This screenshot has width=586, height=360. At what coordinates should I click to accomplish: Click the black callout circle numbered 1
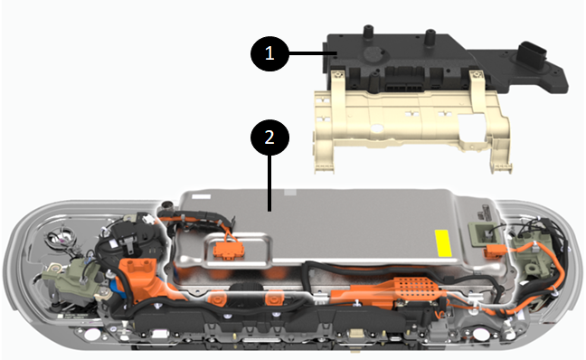point(269,54)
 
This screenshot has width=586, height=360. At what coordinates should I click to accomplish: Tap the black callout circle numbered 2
point(269,137)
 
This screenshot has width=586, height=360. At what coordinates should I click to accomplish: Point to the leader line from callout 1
point(313,54)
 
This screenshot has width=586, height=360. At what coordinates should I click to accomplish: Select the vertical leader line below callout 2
point(269,184)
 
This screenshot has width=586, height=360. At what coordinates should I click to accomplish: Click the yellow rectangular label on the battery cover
point(443,243)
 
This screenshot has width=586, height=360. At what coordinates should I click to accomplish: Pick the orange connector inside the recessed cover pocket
point(227,249)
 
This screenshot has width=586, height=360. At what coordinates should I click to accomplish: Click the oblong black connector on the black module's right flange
point(531,52)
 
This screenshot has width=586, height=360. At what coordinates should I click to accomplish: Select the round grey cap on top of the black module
point(374,55)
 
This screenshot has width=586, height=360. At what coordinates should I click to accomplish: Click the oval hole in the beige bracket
point(376,128)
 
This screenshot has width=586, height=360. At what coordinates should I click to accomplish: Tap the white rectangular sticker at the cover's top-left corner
point(201,196)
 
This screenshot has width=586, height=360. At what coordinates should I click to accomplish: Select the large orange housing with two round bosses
point(139,279)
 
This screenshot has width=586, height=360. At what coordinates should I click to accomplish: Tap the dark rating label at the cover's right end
point(487,213)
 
